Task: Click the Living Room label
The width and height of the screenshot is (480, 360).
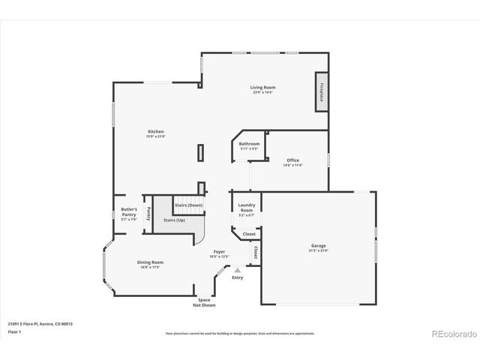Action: coord(262,88)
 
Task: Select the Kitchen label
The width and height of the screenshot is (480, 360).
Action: coord(155,133)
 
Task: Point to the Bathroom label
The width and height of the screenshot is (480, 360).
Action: coord(249,144)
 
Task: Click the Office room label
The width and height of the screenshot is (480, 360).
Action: coord(292,160)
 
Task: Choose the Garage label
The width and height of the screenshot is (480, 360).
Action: coord(319,247)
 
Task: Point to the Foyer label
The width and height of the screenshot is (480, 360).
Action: coord(219,253)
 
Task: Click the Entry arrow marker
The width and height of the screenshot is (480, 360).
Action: coord(238,270)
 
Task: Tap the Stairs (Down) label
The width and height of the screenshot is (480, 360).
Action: coord(188,205)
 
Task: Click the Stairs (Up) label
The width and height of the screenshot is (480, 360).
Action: coord(175,220)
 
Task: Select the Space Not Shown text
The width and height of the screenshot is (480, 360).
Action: coord(204,302)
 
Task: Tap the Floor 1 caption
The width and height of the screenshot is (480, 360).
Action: coord(14,331)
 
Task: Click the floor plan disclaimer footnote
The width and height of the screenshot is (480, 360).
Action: coord(240,332)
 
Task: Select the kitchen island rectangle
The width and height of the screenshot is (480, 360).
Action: coord(200,152)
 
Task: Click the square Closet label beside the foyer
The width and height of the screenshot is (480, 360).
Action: coord(248,234)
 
